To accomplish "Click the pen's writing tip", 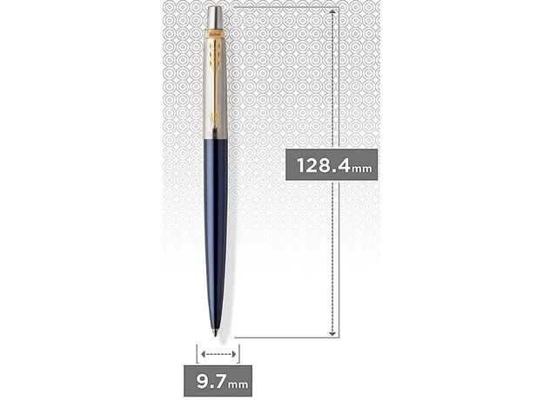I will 217,331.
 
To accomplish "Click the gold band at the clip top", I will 216,34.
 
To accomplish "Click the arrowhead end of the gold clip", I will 216,130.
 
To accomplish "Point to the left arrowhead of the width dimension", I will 202,354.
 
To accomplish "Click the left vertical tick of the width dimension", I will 197,354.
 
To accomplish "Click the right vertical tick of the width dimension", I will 238,354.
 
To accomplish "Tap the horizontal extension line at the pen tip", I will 278,337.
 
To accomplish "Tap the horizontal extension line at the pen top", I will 278,6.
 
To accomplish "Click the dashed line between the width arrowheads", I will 218,354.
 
